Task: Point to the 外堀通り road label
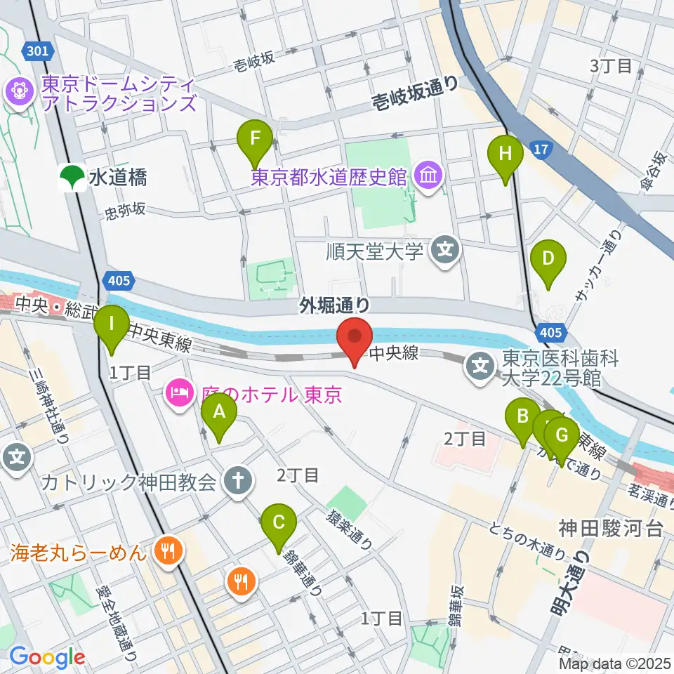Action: pyautogui.click(x=334, y=303)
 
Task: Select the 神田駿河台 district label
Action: pyautogui.click(x=610, y=529)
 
